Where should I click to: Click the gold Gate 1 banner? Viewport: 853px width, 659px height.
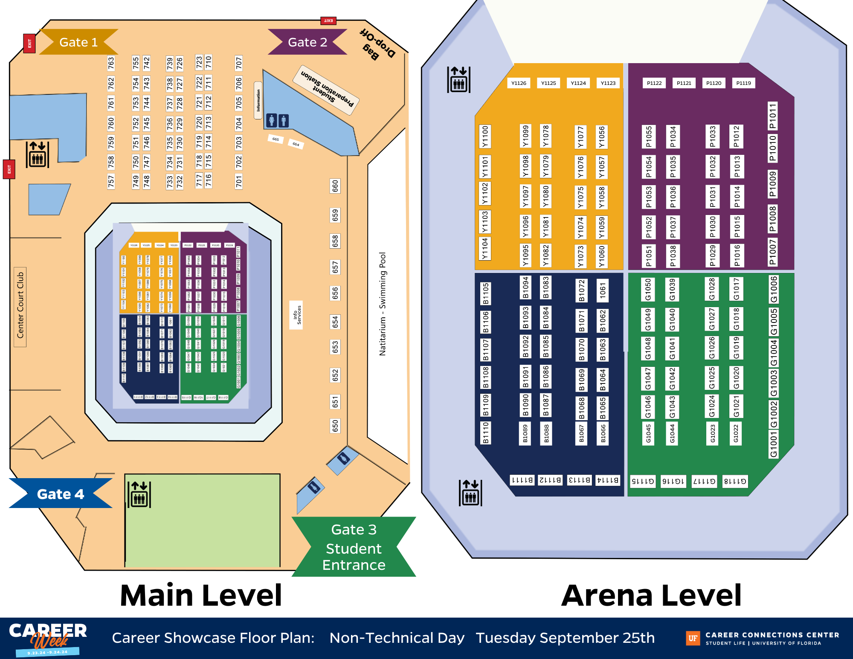[x=78, y=42]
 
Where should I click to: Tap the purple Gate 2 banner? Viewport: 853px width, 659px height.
[x=307, y=42]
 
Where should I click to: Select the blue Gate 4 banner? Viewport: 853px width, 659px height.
[x=60, y=494]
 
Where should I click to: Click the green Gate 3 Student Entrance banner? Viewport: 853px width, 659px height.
[x=354, y=547]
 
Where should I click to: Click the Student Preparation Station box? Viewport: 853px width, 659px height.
[x=327, y=90]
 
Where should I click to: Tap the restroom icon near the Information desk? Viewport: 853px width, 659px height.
[x=277, y=121]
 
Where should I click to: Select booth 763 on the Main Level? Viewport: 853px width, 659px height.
[x=111, y=63]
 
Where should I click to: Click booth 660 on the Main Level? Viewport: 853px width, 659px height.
[x=335, y=186]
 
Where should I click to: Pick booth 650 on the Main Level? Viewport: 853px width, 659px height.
[x=335, y=425]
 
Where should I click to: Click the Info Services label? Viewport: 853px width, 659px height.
[x=296, y=315]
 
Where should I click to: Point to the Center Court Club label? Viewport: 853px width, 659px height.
[x=20, y=305]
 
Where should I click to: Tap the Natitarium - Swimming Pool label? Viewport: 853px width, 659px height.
[x=383, y=304]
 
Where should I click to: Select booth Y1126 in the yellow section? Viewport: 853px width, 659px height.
[x=519, y=83]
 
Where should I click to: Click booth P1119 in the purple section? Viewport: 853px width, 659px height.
[x=743, y=83]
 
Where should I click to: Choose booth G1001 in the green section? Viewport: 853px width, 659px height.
[x=773, y=444]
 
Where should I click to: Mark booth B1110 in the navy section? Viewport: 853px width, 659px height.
[x=485, y=433]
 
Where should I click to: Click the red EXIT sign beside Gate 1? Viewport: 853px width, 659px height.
[x=29, y=43]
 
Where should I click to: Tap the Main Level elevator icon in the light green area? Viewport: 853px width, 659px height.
[x=139, y=494]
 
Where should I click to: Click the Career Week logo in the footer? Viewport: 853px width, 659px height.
[x=47, y=638]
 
